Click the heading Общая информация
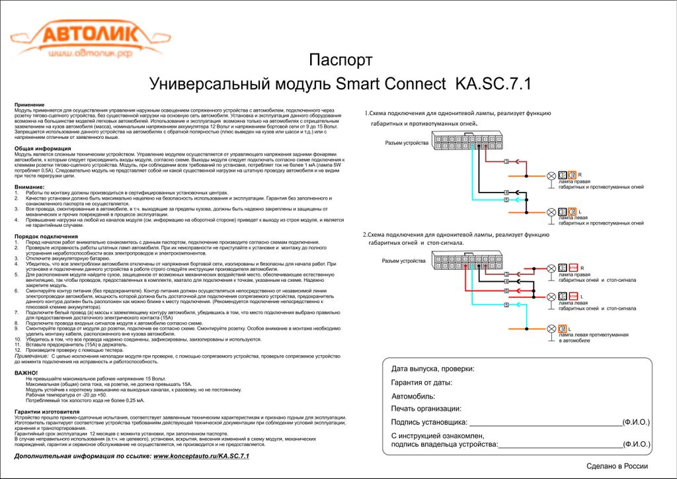pos(39,148)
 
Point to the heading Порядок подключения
pos(42,236)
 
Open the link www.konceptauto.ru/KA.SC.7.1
pos(201,457)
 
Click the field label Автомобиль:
pos(413,396)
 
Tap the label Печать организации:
pos(426,409)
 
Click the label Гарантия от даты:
pos(421,382)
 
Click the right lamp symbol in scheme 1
pos(551,175)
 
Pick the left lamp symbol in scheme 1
pos(551,212)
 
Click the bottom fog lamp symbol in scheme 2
pos(551,329)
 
